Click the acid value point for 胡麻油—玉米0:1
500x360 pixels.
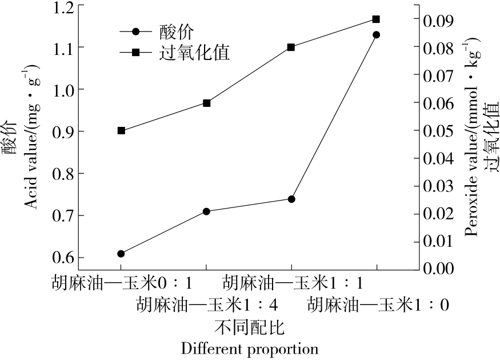click(121, 254)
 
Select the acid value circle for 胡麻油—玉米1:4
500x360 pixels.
click(206, 211)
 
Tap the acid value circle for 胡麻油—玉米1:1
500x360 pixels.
click(291, 199)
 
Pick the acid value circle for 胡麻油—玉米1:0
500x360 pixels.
click(376, 35)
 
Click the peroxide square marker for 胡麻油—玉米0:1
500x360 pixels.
click(121, 131)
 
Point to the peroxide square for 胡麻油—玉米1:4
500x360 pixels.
click(206, 103)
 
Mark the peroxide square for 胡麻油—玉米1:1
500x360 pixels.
click(291, 47)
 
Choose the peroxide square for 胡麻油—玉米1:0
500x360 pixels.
click(376, 19)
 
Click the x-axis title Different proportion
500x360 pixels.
click(249, 348)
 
